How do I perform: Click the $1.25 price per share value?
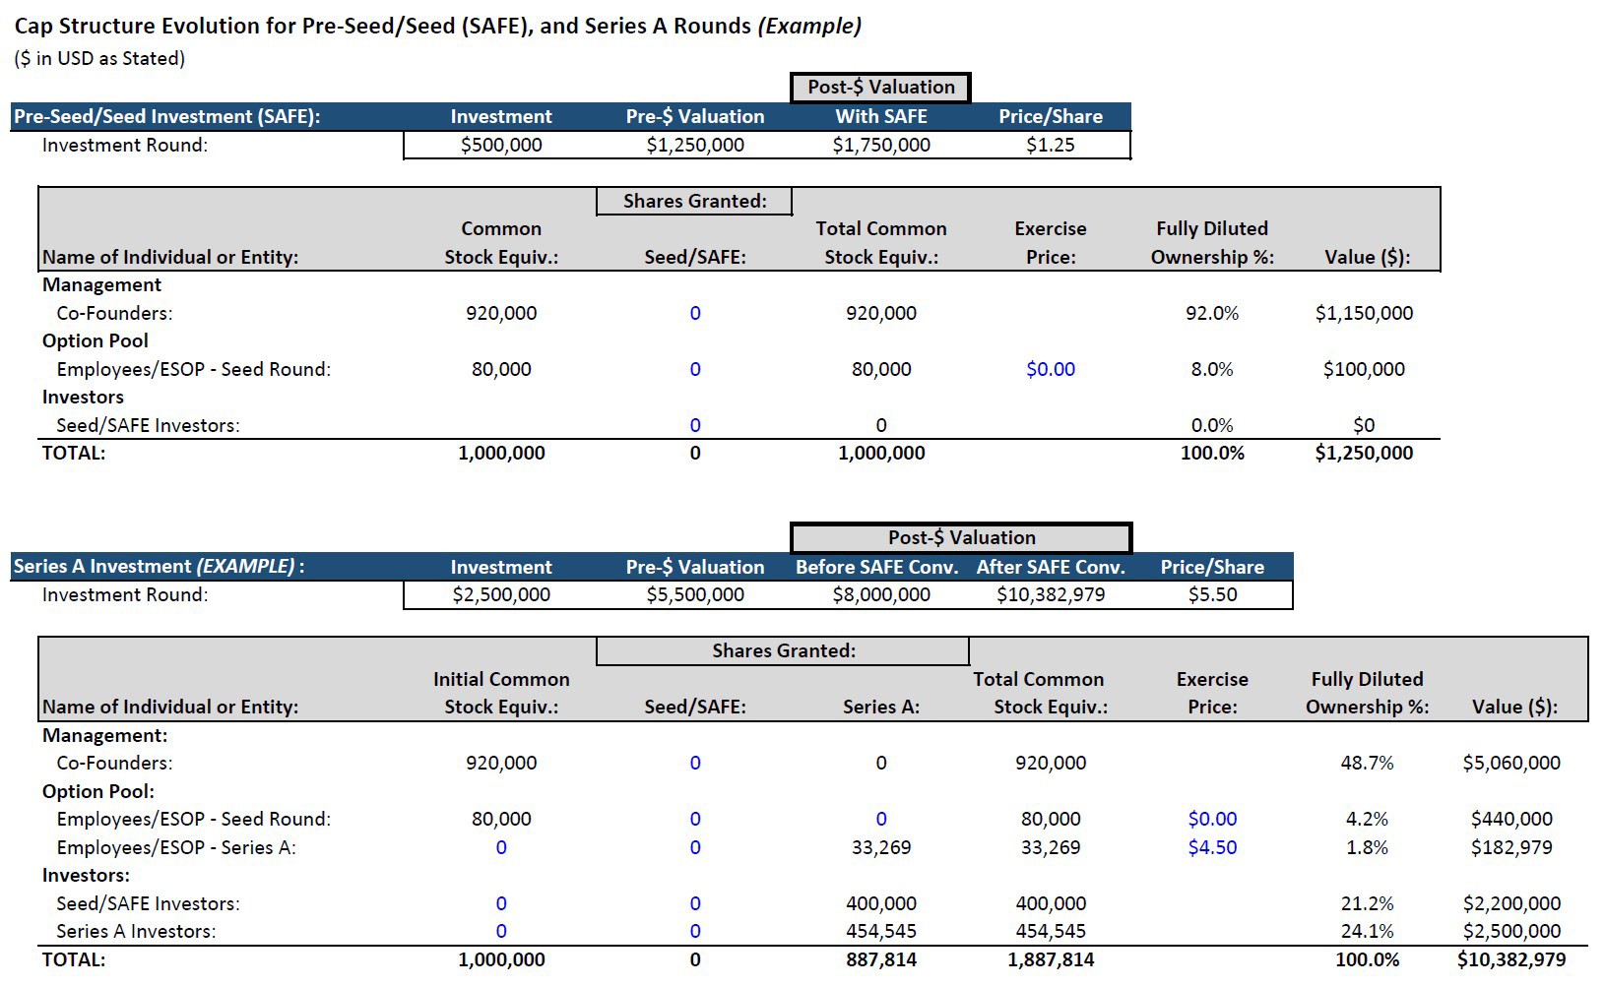(1050, 146)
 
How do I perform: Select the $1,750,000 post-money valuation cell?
(880, 146)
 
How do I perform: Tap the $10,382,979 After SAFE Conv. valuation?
(1050, 595)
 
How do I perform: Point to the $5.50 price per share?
(1212, 595)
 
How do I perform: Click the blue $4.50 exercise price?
(1212, 847)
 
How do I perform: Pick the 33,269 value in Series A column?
(880, 847)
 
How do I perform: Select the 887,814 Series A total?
(880, 959)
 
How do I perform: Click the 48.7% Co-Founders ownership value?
(1367, 763)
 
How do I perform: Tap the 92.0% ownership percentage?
(1212, 314)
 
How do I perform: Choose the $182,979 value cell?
(1511, 847)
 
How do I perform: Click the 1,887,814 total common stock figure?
(1050, 959)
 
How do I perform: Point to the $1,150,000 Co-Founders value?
(1364, 314)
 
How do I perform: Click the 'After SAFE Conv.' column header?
(1050, 568)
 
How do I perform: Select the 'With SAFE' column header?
(880, 117)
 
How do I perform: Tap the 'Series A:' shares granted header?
(880, 708)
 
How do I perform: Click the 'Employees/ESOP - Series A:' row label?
(176, 847)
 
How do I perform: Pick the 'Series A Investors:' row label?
(136, 931)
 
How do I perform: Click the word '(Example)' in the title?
(809, 27)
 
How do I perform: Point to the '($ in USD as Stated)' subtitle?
(99, 59)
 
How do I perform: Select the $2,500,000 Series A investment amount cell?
(501, 595)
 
